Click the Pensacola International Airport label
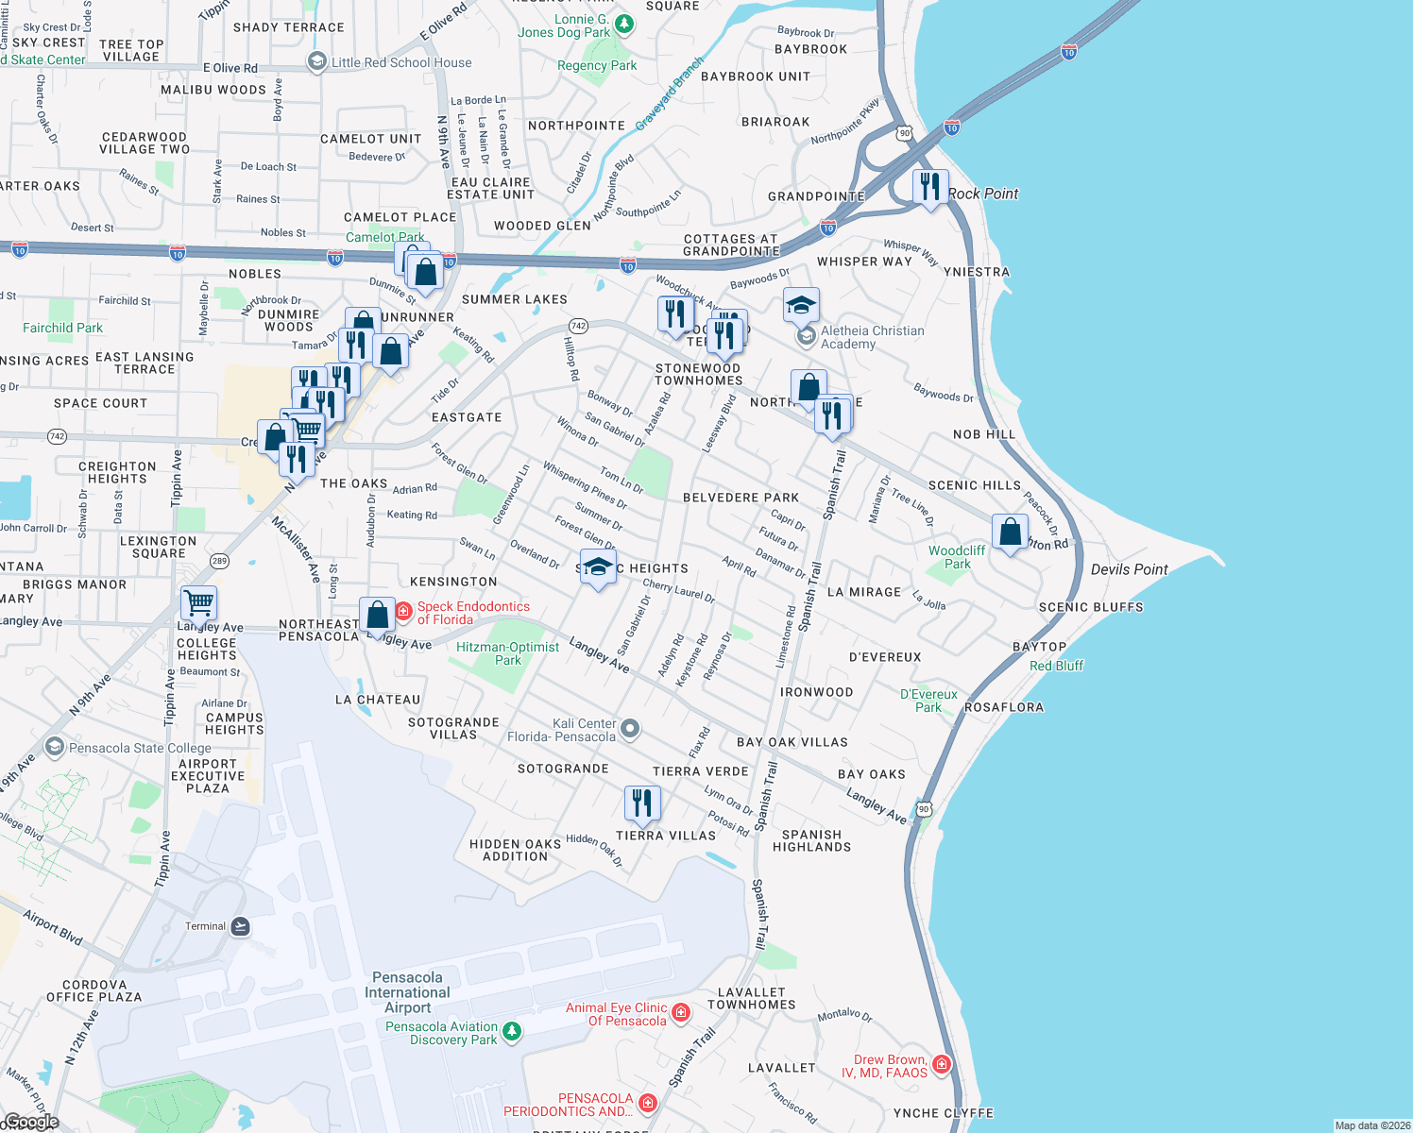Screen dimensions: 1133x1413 click(x=407, y=992)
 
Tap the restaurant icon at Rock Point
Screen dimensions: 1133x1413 click(x=930, y=187)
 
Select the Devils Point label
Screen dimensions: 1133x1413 click(x=1129, y=569)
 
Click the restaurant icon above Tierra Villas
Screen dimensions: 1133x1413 click(x=642, y=803)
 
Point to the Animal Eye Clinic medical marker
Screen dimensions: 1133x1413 click(x=681, y=1013)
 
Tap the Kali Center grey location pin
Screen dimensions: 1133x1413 click(x=631, y=729)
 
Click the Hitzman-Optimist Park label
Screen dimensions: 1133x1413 click(x=507, y=653)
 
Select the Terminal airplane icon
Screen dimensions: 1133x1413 click(x=240, y=926)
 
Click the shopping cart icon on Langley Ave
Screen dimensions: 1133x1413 click(x=198, y=602)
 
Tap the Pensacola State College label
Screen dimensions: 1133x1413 click(x=140, y=748)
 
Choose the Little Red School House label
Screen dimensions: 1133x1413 click(x=401, y=62)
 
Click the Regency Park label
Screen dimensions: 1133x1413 click(x=597, y=65)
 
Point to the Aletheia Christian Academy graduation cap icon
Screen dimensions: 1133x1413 click(x=801, y=305)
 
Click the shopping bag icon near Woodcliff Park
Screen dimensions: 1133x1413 click(x=1010, y=532)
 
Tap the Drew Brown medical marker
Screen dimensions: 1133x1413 click(x=941, y=1065)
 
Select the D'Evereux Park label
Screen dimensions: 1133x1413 click(x=928, y=701)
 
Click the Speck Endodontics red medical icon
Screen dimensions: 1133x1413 click(x=403, y=612)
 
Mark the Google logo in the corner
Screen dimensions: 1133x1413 click(x=31, y=1122)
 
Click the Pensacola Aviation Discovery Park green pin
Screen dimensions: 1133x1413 click(x=511, y=1031)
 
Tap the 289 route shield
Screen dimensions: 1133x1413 click(x=219, y=561)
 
